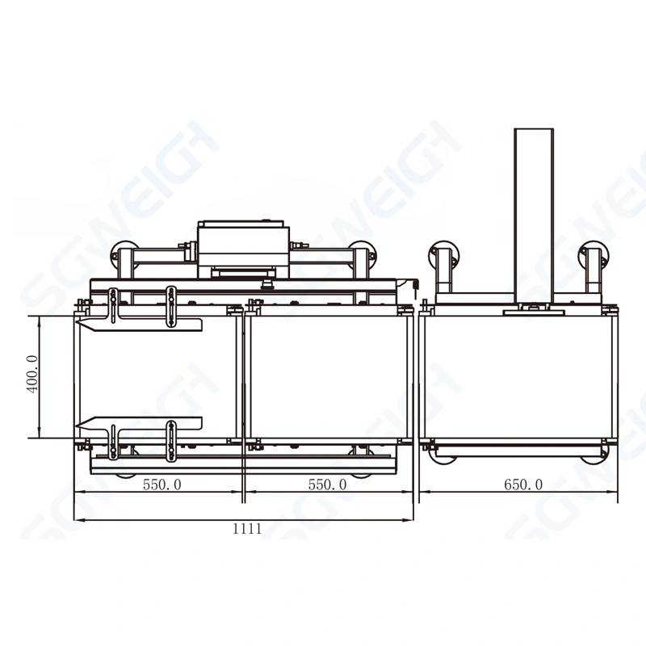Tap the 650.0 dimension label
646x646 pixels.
523,484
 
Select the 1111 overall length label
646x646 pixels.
247,529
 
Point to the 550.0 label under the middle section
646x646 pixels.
328,484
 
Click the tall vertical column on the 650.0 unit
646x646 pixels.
534,214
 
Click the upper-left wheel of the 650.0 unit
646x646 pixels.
443,257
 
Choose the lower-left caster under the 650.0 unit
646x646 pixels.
444,457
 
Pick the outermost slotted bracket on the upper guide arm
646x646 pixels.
114,307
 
